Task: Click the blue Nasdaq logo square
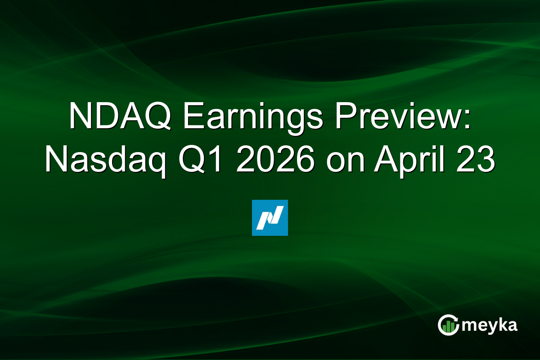tap(270, 218)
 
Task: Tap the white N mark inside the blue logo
tap(270, 218)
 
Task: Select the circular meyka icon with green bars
tap(448, 325)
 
